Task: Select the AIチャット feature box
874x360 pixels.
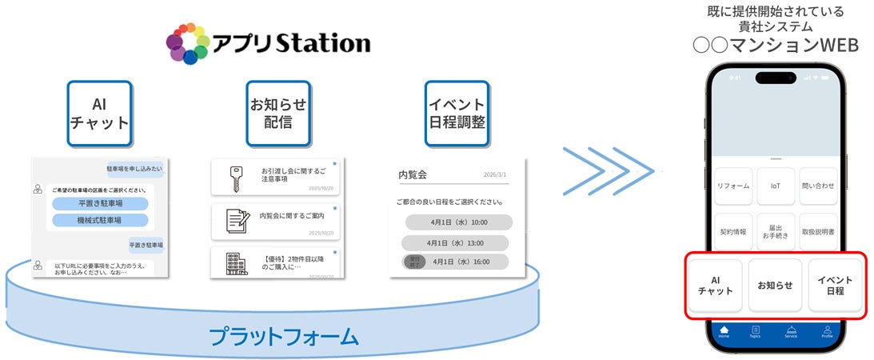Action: coord(99,114)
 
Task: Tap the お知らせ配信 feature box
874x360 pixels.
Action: coord(278,114)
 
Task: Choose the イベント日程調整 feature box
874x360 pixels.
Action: coord(457,114)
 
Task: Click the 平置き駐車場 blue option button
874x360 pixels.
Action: coord(100,203)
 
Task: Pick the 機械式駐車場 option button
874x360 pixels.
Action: coord(100,220)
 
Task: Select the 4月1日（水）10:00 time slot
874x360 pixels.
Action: coord(458,222)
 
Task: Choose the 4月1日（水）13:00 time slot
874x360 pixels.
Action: coord(454,242)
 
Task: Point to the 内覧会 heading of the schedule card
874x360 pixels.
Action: coord(413,174)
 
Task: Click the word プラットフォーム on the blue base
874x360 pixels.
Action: coord(284,336)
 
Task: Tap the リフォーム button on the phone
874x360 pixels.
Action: coord(733,186)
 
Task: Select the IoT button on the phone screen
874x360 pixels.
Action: coord(775,186)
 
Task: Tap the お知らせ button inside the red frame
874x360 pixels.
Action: coord(775,285)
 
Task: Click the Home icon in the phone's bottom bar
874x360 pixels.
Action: coord(724,331)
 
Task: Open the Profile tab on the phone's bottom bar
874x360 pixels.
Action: coord(827,331)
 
